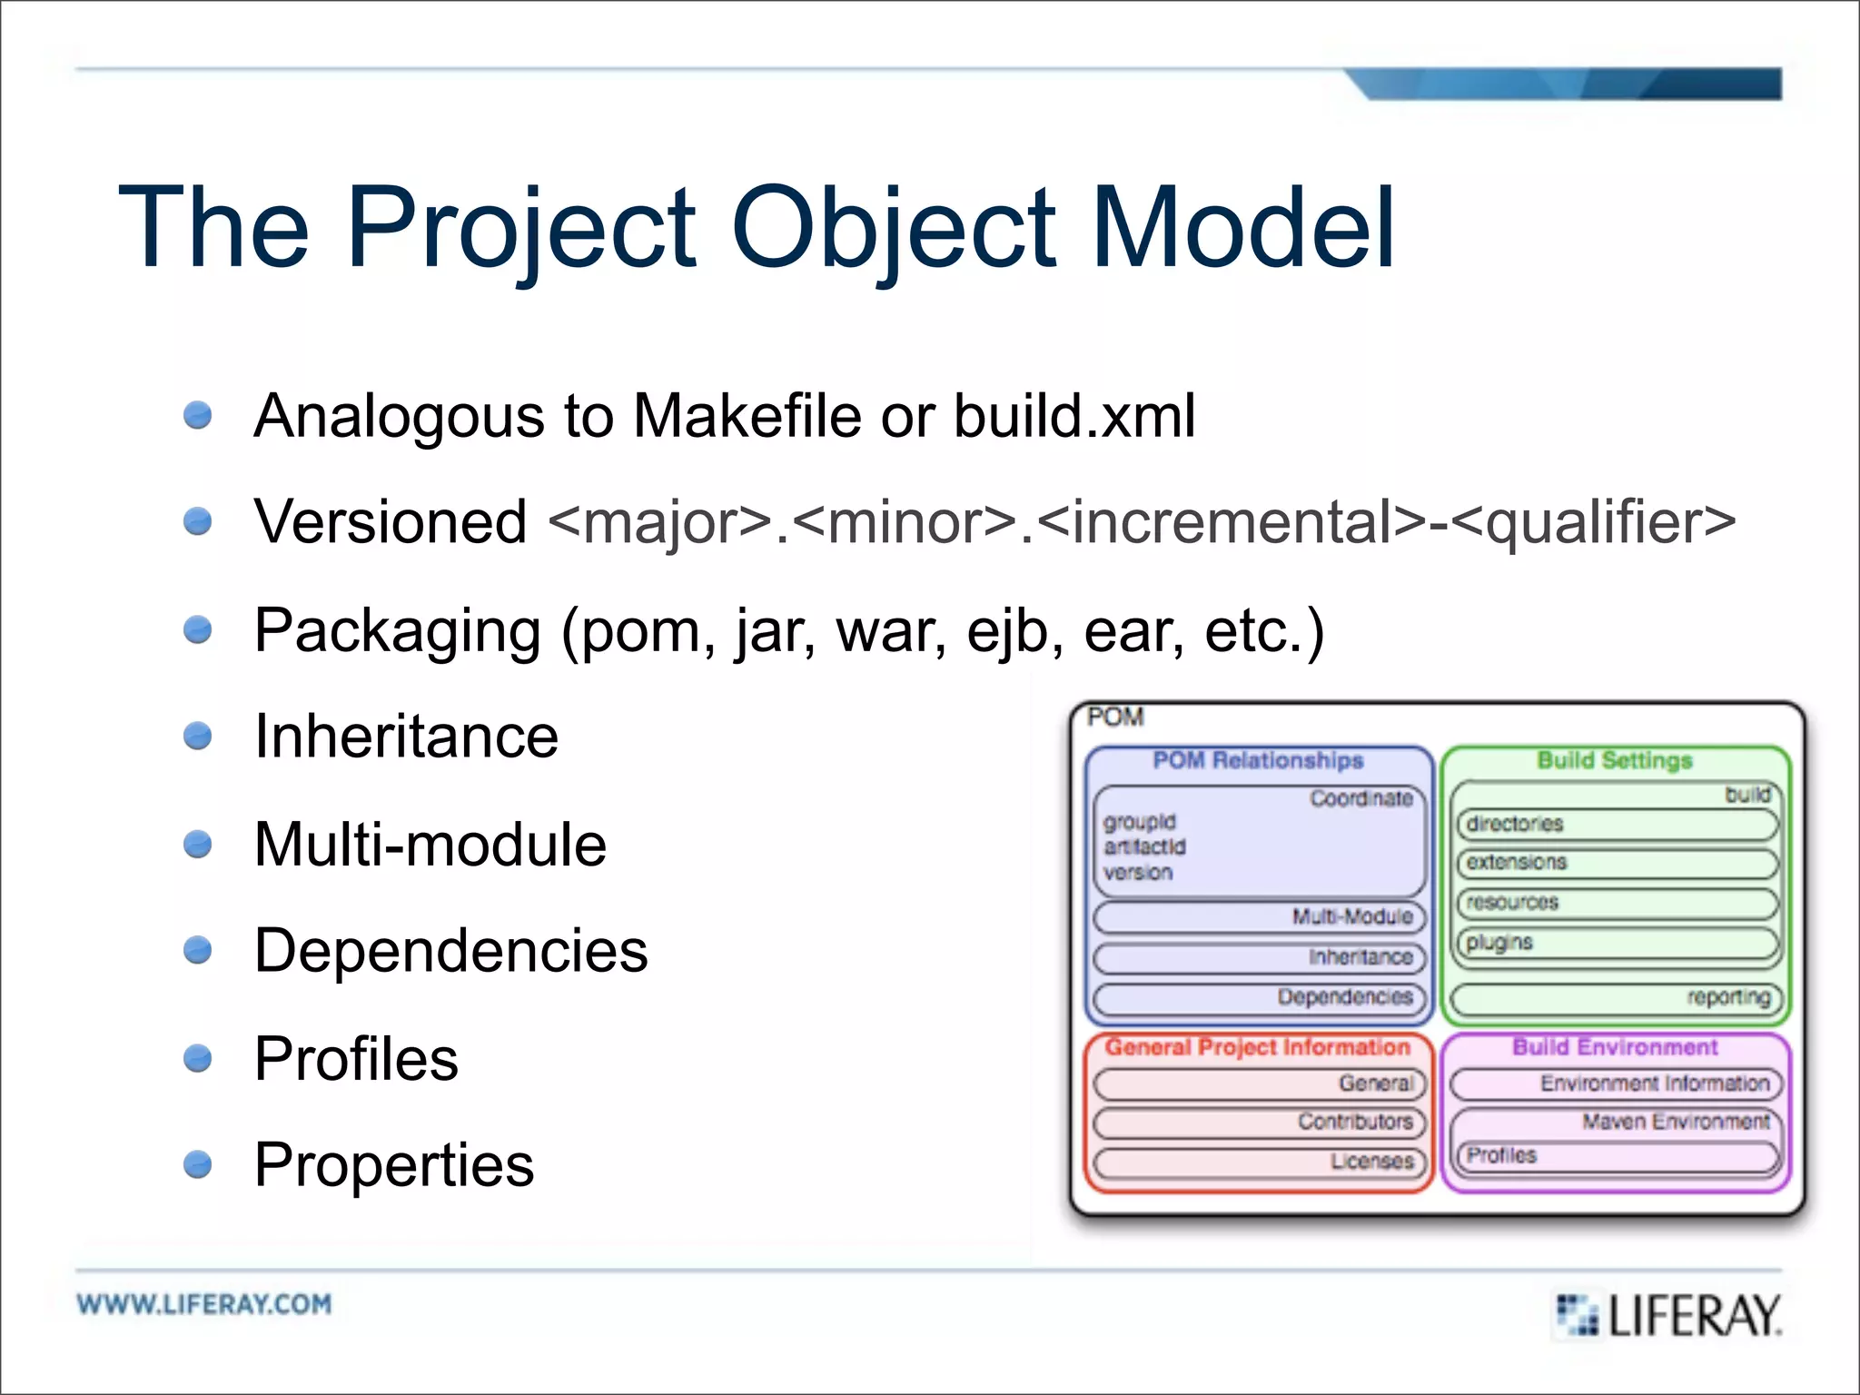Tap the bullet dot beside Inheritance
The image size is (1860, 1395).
(x=197, y=735)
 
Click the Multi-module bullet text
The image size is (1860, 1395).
(x=430, y=845)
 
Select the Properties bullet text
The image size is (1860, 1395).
(x=393, y=1164)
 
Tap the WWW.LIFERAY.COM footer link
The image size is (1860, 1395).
(x=204, y=1304)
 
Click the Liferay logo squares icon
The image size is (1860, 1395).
(x=1578, y=1314)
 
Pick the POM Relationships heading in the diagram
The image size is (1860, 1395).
(x=1258, y=760)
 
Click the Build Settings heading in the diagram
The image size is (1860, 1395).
(x=1614, y=760)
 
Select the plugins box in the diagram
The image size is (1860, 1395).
(x=1617, y=943)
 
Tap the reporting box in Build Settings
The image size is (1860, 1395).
(x=1617, y=998)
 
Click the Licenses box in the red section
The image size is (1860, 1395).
(x=1259, y=1162)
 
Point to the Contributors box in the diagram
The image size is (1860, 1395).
(x=1259, y=1123)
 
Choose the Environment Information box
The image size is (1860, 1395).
(x=1617, y=1083)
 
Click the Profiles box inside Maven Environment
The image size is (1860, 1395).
(x=1617, y=1156)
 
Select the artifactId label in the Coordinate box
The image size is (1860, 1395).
(x=1144, y=846)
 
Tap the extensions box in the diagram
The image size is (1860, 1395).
(x=1617, y=863)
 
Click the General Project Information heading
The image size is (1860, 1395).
(x=1258, y=1047)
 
